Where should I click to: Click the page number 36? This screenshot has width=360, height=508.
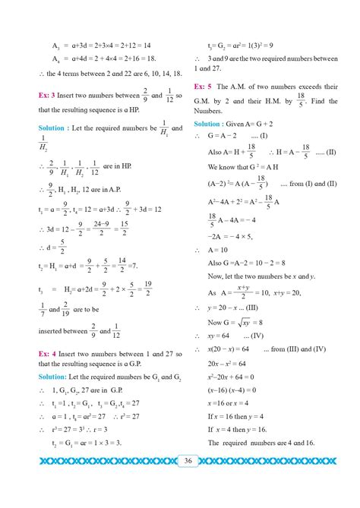[x=187, y=459]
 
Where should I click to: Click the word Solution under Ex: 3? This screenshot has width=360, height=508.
[x=56, y=128]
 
